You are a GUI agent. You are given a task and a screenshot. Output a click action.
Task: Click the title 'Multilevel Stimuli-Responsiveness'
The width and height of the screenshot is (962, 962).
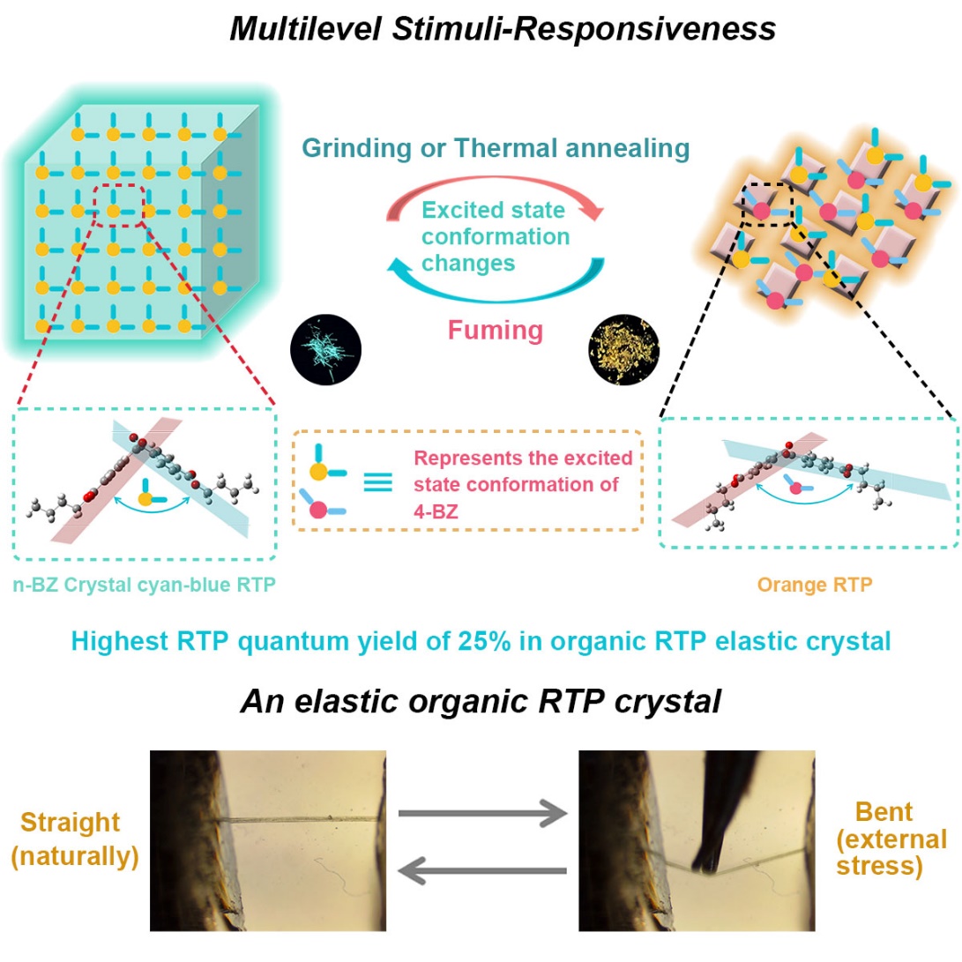(x=503, y=29)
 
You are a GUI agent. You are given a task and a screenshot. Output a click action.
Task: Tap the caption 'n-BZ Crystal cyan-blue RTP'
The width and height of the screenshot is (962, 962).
(x=145, y=584)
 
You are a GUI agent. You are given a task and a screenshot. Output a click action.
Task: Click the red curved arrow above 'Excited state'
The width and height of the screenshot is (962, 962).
(x=495, y=199)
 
